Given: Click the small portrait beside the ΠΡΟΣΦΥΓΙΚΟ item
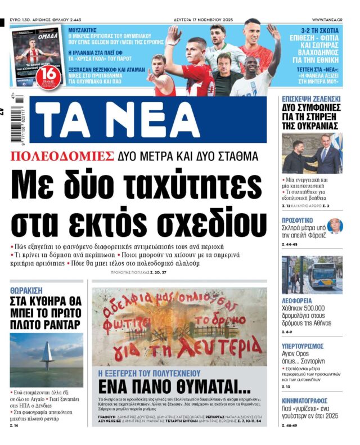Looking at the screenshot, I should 334,226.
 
